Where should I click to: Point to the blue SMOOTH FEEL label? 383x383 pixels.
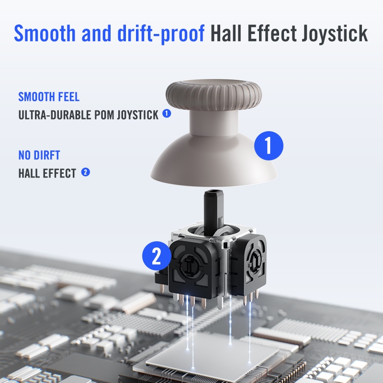pos(49,97)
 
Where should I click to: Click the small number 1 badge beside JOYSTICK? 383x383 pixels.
pos(167,113)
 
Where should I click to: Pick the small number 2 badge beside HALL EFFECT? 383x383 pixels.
pos(86,172)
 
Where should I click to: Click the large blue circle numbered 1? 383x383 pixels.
pos(269,146)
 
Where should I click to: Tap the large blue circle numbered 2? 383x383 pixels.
pos(157,256)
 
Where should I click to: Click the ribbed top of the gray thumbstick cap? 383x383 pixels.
pos(214,93)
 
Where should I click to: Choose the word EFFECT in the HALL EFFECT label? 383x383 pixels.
pos(59,173)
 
